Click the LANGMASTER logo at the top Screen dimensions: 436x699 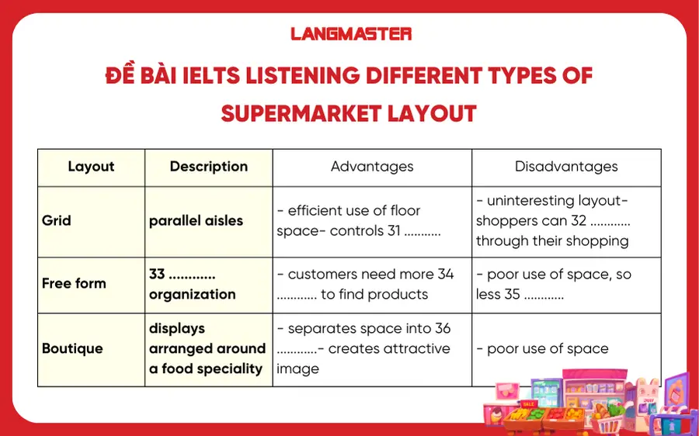pyautogui.click(x=350, y=34)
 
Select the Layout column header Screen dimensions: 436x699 pyautogui.click(x=91, y=167)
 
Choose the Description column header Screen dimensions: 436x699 pyautogui.click(x=208, y=167)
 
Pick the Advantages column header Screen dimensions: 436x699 pyautogui.click(x=371, y=167)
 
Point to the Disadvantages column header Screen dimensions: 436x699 pyautogui.click(x=565, y=167)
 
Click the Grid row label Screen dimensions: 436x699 pyautogui.click(x=57, y=220)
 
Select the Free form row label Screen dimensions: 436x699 pyautogui.click(x=74, y=283)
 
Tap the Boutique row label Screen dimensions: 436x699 pyautogui.click(x=72, y=348)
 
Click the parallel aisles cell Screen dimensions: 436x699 pyautogui.click(x=196, y=220)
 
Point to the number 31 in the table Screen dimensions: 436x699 pyautogui.click(x=396, y=231)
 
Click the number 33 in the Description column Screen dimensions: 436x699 pyautogui.click(x=157, y=275)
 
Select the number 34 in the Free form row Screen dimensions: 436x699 pyautogui.click(x=445, y=275)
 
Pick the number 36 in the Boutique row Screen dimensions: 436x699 pyautogui.click(x=442, y=329)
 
